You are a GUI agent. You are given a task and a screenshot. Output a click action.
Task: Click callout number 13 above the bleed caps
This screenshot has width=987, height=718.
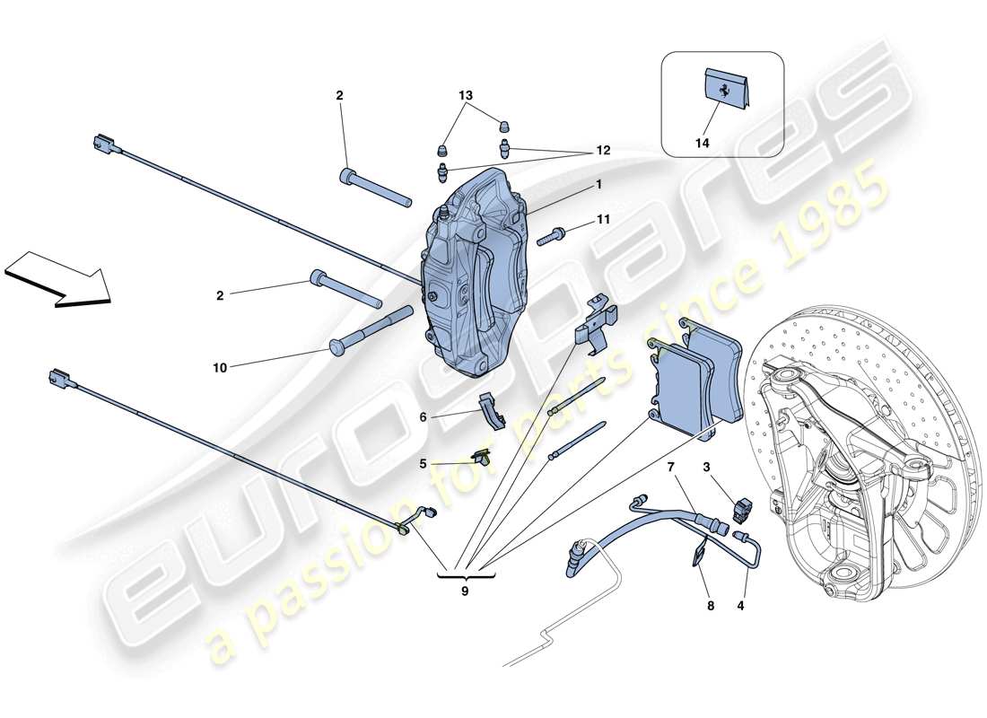pyautogui.click(x=466, y=95)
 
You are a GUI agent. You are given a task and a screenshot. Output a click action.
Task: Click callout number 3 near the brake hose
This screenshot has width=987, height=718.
pyautogui.click(x=706, y=467)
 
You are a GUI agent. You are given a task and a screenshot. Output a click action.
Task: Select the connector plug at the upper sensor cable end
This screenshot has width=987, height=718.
pyautogui.click(x=103, y=144)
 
